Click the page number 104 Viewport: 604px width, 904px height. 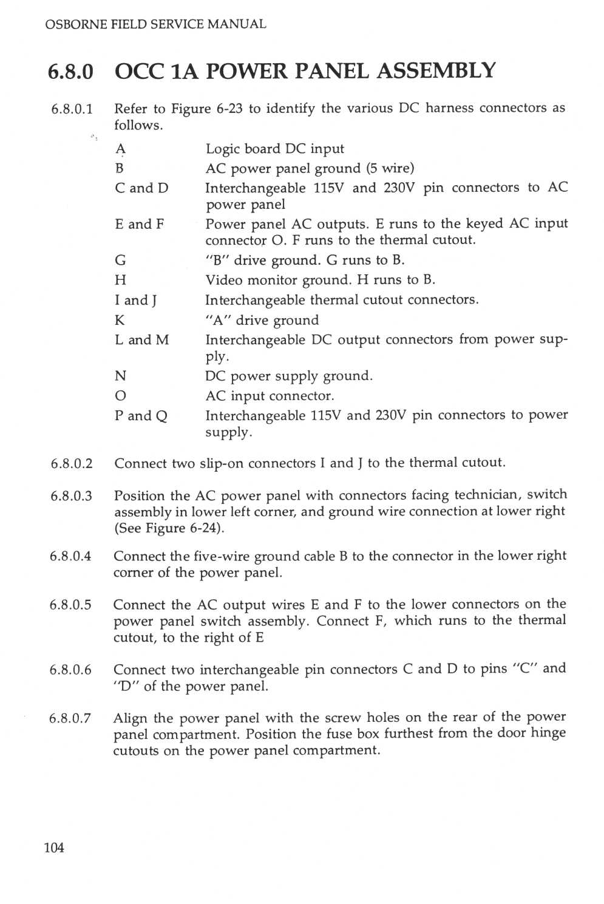(x=54, y=847)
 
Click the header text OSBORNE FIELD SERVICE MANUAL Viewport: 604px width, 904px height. (x=155, y=24)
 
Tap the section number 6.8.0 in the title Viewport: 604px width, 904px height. (x=71, y=72)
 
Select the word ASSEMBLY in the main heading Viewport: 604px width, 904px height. (x=436, y=71)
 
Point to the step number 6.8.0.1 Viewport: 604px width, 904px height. (x=72, y=109)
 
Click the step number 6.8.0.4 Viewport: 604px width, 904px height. (x=70, y=556)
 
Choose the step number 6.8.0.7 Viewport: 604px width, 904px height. (x=70, y=718)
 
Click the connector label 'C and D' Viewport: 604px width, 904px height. (x=141, y=188)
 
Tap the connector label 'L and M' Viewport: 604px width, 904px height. (x=141, y=340)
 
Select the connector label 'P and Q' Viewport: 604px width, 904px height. (x=141, y=416)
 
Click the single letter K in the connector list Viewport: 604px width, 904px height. (x=120, y=320)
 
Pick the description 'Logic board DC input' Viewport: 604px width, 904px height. (x=274, y=149)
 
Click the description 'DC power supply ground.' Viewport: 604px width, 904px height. (x=289, y=376)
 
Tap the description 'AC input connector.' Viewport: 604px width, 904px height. (x=270, y=396)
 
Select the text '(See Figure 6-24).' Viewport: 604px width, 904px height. (x=169, y=528)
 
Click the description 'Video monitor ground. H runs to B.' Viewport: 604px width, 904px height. (x=320, y=280)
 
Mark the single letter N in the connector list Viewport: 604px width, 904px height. (x=120, y=376)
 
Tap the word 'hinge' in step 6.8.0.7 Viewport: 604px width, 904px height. (x=548, y=733)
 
